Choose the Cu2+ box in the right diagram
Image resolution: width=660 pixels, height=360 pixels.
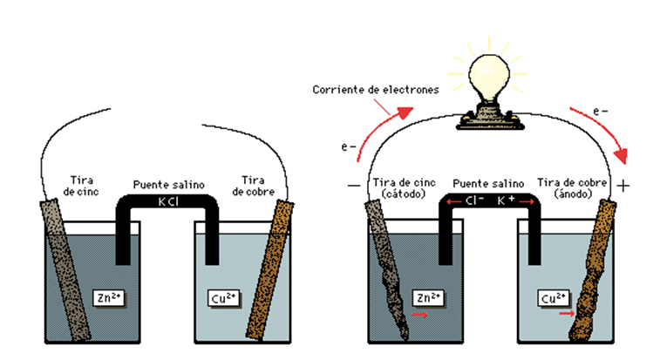(x=551, y=297)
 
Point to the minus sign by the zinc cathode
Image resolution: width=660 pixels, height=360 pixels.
(x=352, y=186)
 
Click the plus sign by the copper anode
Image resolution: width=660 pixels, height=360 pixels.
(x=624, y=186)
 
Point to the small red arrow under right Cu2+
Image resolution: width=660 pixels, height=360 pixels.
(x=566, y=313)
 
